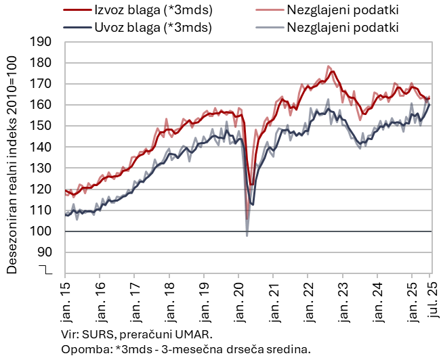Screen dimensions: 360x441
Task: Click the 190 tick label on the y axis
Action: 42,42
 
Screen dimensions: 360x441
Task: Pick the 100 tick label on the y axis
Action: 42,231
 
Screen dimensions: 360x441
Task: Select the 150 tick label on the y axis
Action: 42,126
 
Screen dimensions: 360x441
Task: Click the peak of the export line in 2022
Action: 333,71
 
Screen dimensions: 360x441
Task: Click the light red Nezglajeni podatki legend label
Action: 343,10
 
